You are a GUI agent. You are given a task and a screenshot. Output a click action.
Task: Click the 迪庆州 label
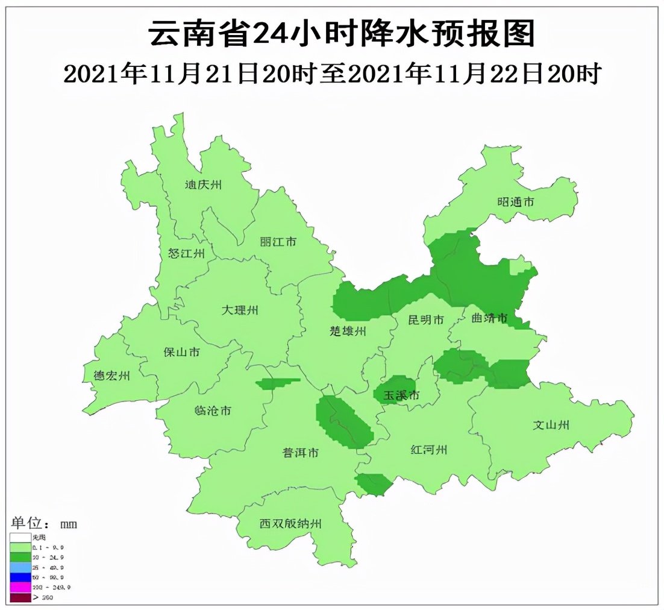point(203,185)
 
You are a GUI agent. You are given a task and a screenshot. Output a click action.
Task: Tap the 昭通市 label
point(515,202)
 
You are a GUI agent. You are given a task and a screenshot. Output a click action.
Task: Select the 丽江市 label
point(278,242)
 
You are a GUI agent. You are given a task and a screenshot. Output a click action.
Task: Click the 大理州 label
point(239,310)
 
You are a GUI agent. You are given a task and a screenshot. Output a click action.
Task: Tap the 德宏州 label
point(111,376)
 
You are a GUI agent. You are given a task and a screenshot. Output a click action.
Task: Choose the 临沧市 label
point(213,411)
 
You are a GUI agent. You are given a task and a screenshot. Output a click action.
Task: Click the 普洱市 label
point(301,453)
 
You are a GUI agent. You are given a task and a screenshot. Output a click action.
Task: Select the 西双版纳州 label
point(290,524)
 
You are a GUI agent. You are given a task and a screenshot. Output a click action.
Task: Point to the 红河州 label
point(428,450)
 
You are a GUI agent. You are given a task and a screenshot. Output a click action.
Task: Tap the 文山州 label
point(551,425)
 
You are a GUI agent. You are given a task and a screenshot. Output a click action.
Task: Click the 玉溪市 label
point(401,395)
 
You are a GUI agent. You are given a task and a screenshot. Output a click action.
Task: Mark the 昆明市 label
point(425,319)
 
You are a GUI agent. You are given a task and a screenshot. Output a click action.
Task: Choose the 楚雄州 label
point(348,331)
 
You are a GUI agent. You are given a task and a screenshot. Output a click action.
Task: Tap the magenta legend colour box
point(20,587)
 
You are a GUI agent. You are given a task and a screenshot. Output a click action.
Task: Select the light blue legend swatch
point(20,567)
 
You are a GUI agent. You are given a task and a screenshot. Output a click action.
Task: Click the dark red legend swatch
point(20,597)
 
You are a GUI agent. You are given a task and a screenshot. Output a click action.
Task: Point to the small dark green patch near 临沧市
point(277,383)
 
